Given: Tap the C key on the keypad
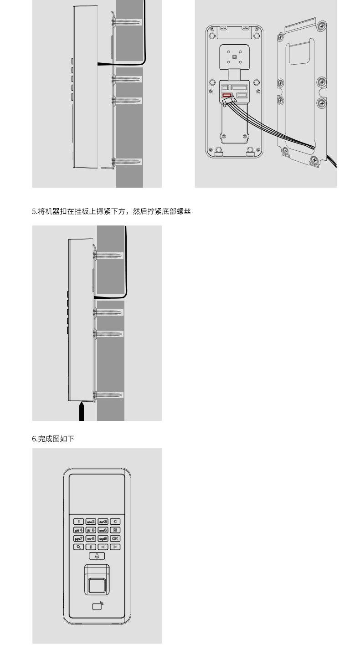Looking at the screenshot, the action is (115, 522).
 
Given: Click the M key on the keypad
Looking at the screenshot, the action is (115, 530).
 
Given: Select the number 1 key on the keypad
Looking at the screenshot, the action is (79, 522).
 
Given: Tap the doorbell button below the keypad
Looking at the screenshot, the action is (97, 556).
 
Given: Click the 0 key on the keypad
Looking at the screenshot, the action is (91, 547).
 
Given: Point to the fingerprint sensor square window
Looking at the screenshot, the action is (97, 586).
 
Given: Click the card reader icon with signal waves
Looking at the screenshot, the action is (97, 606).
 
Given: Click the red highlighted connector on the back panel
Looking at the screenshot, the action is (226, 96).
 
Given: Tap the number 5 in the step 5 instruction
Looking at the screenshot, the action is (34, 211).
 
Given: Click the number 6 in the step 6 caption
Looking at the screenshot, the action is (34, 439).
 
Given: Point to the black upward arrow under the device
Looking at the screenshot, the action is (81, 410).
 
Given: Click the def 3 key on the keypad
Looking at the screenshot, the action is (103, 522).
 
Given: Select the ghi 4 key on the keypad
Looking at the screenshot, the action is (79, 530).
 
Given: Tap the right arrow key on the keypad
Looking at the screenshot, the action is (115, 547).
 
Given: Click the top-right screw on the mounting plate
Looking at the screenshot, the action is (322, 26).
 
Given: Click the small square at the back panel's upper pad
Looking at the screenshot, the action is (234, 57).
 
